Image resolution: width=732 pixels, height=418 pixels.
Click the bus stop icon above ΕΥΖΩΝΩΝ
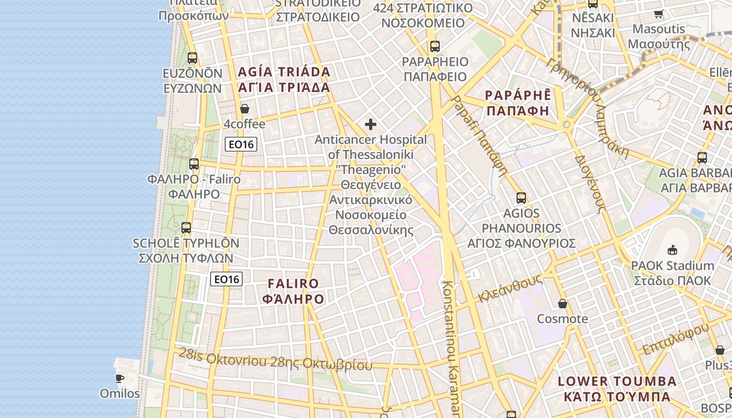pos(192,58)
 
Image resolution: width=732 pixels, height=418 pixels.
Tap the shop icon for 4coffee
pos(244,109)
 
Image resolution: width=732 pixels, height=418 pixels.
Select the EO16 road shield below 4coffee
pos(241,144)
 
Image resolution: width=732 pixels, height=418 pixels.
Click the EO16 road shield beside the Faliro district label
pos(226,279)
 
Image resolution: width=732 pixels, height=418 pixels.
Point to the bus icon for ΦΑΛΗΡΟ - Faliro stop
pos(194,164)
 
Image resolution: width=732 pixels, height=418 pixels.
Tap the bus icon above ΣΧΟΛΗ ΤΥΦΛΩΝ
pos(186,228)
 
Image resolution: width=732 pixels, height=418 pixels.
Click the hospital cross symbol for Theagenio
pos(371,124)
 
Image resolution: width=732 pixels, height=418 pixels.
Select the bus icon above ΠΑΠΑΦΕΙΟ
pos(435,47)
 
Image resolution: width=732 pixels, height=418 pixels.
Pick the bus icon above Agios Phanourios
pos(521,198)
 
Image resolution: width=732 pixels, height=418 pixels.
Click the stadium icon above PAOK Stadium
pos(672,250)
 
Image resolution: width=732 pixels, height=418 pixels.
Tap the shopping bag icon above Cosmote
pos(563,304)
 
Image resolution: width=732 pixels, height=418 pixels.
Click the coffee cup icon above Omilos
pos(120,378)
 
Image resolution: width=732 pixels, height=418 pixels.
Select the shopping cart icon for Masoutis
pos(658,14)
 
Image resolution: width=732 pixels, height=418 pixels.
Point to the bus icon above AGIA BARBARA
pos(702,157)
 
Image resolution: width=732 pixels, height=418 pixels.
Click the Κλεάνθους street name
pos(509,289)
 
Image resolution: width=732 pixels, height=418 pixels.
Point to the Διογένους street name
pos(590,183)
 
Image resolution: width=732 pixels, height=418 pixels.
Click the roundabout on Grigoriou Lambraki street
pos(566,125)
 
